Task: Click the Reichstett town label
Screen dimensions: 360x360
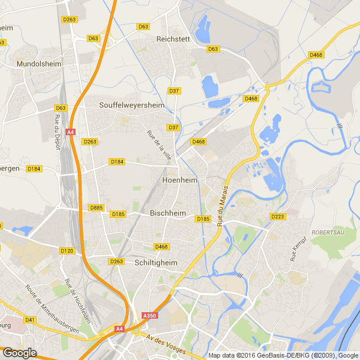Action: (172, 39)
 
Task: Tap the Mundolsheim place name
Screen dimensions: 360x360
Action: (38, 63)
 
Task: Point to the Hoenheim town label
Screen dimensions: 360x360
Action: (179, 179)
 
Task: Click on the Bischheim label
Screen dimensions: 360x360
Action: (168, 213)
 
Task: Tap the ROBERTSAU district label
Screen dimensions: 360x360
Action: (329, 233)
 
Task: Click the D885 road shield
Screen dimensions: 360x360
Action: (96, 208)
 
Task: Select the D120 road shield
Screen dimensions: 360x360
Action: (67, 251)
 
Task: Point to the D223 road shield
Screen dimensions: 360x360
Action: (277, 217)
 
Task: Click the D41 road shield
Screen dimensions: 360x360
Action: (31, 320)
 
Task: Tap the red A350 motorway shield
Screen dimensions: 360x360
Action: (150, 316)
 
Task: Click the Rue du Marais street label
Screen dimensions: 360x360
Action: (223, 211)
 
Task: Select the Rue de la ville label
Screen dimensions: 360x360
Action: (159, 145)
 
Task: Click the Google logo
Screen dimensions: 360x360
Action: (19, 352)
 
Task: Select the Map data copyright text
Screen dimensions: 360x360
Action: (283, 355)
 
